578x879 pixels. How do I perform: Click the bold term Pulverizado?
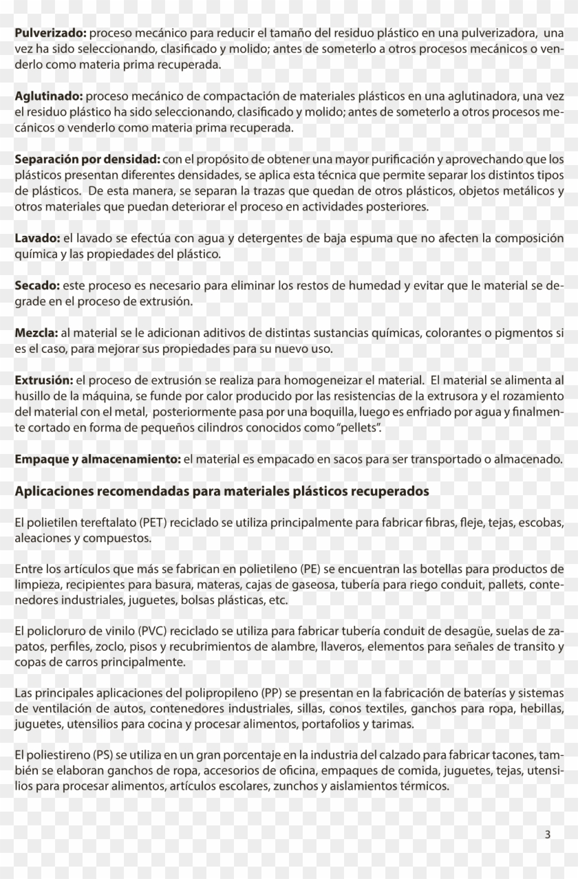50,32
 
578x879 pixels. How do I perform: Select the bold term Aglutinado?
49,96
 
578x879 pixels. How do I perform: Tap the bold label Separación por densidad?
87,160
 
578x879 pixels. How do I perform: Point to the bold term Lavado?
38,238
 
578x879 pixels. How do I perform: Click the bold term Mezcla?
36,333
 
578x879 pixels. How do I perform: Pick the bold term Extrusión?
44,380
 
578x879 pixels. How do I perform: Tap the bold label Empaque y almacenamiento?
96,459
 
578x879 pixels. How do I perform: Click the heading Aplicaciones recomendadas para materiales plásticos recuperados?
222,491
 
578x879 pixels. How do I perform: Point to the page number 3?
548,835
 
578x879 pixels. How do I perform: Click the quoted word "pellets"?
358,428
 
